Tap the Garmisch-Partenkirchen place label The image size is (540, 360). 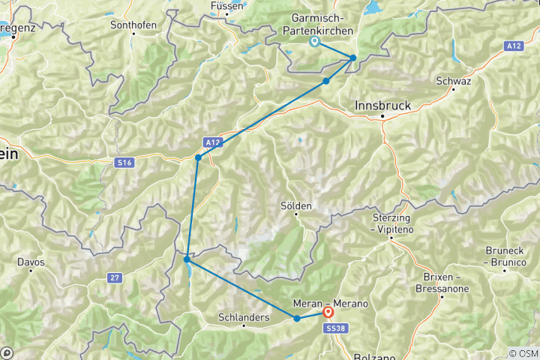(316, 25)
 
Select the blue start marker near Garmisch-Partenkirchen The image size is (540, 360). (314, 41)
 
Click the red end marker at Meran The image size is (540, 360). (328, 312)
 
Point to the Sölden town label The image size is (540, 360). (296, 205)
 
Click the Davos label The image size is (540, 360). (31, 262)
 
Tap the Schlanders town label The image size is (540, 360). (244, 317)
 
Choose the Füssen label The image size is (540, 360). (226, 6)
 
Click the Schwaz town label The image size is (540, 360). (454, 81)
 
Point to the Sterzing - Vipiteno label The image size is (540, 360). (392, 222)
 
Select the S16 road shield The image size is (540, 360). (124, 162)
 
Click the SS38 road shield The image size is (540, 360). (333, 328)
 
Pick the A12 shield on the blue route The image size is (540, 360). (212, 142)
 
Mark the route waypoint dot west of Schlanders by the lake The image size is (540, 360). (186, 259)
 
